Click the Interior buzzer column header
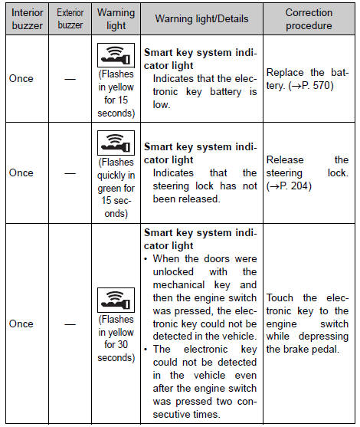28,19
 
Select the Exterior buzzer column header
70,19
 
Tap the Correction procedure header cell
309,19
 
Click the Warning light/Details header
201,19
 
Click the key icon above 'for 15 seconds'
116,55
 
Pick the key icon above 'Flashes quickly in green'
116,143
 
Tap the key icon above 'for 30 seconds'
116,300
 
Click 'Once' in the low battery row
21,78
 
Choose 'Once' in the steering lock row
21,172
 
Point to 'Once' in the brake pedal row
21,324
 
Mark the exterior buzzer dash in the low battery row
70,79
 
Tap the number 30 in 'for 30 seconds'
122,344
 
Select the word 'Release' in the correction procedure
285,159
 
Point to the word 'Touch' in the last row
280,297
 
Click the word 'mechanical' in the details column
178,284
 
